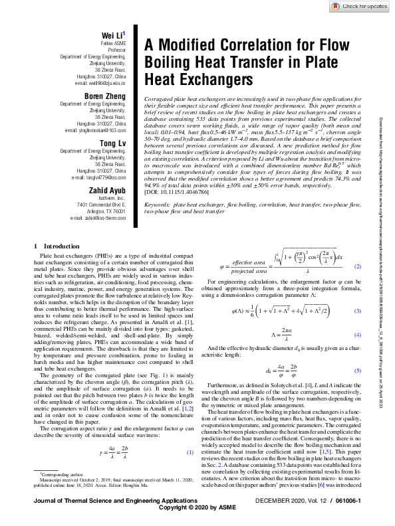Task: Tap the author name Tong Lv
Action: click(114, 143)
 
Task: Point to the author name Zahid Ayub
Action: click(109, 191)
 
